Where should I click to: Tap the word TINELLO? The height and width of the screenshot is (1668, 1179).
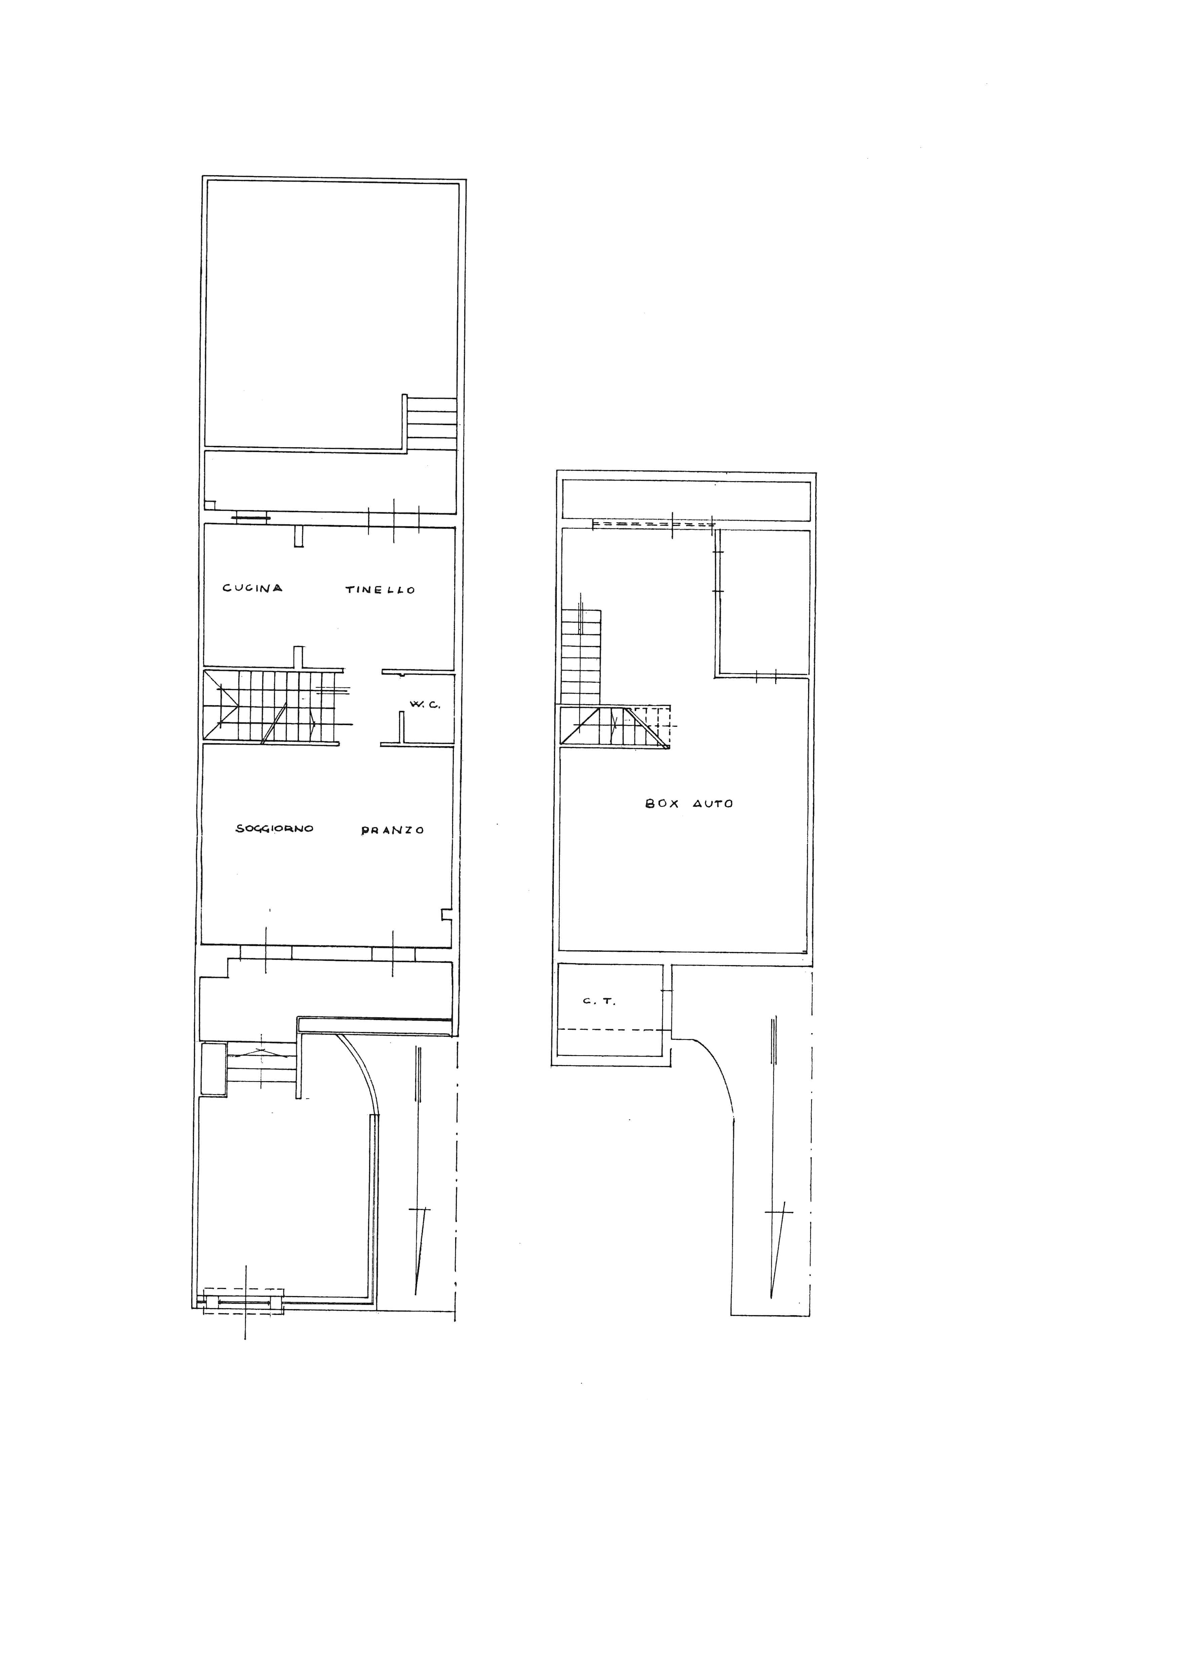click(380, 590)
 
